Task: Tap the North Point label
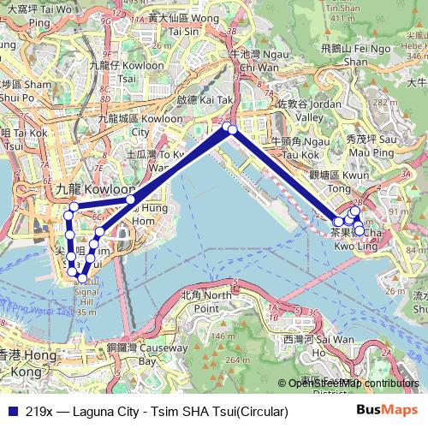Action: (206, 300)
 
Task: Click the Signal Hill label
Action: (87, 295)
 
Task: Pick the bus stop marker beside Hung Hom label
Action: (131, 199)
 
